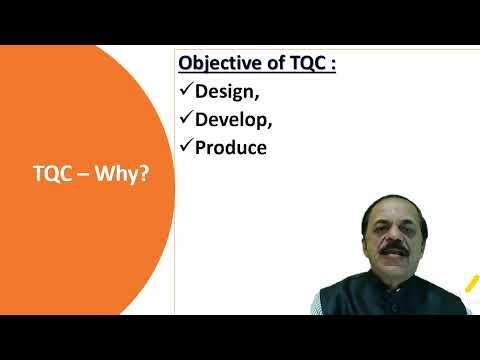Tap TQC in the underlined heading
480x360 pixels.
click(x=307, y=63)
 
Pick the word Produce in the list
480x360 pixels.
click(x=231, y=148)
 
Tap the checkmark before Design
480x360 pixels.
click(x=186, y=91)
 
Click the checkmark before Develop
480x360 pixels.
click(x=186, y=119)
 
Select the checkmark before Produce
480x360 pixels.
click(x=186, y=147)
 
